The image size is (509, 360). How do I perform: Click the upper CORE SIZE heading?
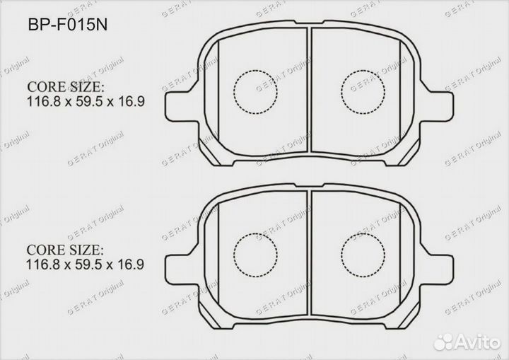[65, 87]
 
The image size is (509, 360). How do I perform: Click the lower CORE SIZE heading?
[65, 251]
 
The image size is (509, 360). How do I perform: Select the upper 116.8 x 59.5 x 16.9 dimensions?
[86, 101]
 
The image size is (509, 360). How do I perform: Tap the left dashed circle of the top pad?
[254, 92]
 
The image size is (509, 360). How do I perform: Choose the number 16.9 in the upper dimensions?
[133, 101]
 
